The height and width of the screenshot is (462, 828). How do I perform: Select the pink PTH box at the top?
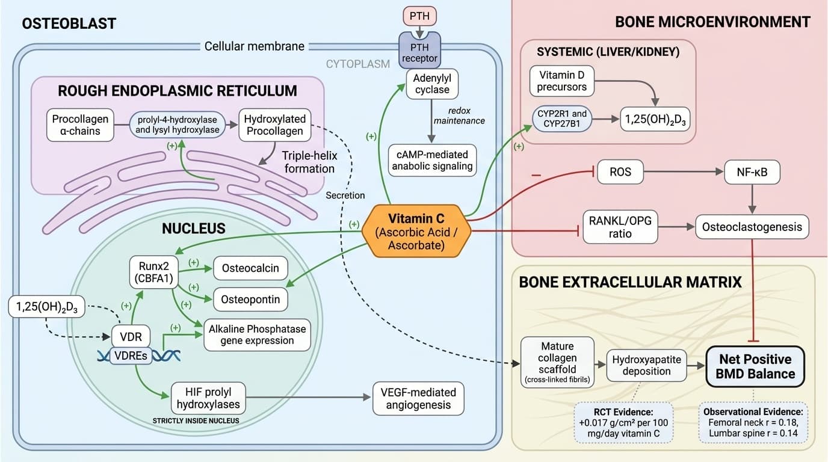pyautogui.click(x=420, y=16)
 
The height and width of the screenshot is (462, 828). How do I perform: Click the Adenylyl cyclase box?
pyautogui.click(x=432, y=85)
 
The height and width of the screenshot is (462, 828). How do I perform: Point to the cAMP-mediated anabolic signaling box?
pyautogui.click(x=432, y=160)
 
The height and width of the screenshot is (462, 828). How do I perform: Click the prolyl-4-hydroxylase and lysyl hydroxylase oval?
pyautogui.click(x=177, y=125)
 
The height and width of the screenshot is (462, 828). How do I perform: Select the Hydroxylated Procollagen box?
pyautogui.click(x=274, y=125)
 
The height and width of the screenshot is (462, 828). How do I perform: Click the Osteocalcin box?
pyautogui.click(x=250, y=268)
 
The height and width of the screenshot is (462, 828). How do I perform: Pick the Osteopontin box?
pyautogui.click(x=250, y=299)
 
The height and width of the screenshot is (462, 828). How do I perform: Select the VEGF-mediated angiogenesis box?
pyautogui.click(x=419, y=398)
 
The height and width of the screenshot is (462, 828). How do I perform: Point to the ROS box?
pyautogui.click(x=620, y=172)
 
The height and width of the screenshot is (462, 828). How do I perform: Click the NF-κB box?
pyautogui.click(x=752, y=172)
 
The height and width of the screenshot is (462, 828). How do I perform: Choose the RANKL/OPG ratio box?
pyautogui.click(x=620, y=226)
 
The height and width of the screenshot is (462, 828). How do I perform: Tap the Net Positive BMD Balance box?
pyautogui.click(x=756, y=366)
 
